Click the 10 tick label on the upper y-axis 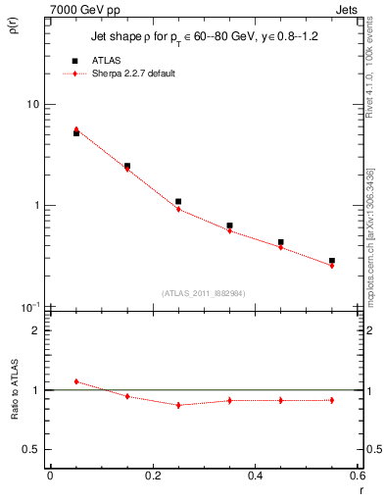point(32,104)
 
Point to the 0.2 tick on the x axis point(153,476)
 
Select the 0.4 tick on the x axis point(256,476)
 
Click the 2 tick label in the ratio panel point(35,330)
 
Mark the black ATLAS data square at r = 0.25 point(178,201)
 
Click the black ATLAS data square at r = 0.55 point(332,261)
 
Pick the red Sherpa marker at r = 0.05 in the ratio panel point(76,381)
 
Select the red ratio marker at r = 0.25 point(178,405)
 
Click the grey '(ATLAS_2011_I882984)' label point(205,292)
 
